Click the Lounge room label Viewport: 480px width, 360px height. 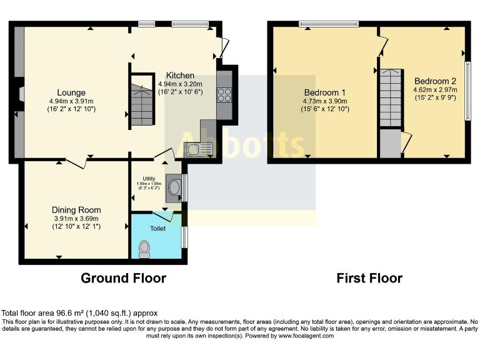(x=72, y=93)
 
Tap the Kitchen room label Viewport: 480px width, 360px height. (x=180, y=76)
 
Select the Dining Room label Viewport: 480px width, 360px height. (x=76, y=210)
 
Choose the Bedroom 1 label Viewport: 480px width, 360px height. (x=324, y=92)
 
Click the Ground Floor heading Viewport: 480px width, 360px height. (x=123, y=278)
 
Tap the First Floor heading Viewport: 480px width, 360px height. (x=369, y=278)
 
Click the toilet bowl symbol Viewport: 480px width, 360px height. (x=145, y=249)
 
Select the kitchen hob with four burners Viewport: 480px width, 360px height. (x=224, y=94)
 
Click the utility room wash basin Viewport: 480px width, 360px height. (x=174, y=187)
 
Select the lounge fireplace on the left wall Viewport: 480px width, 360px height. (x=21, y=94)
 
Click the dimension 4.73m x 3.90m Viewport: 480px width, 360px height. (x=324, y=101)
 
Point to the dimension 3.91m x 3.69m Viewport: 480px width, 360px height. (x=76, y=218)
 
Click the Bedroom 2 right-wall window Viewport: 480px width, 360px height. (x=467, y=90)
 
